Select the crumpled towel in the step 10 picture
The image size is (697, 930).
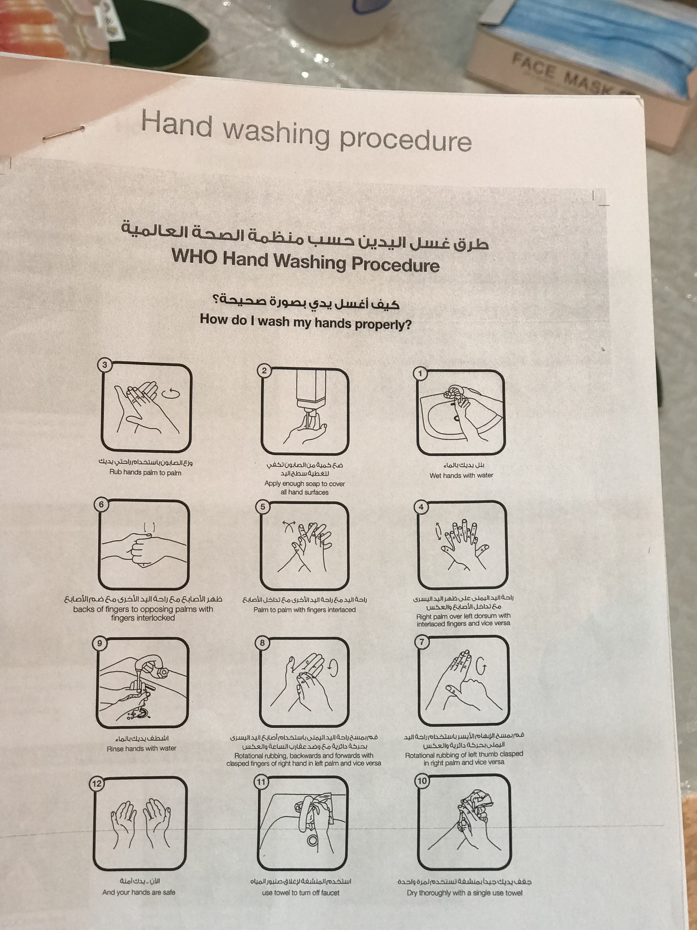click(477, 801)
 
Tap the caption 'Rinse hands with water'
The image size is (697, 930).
click(142, 748)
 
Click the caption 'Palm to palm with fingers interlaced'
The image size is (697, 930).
click(305, 610)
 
